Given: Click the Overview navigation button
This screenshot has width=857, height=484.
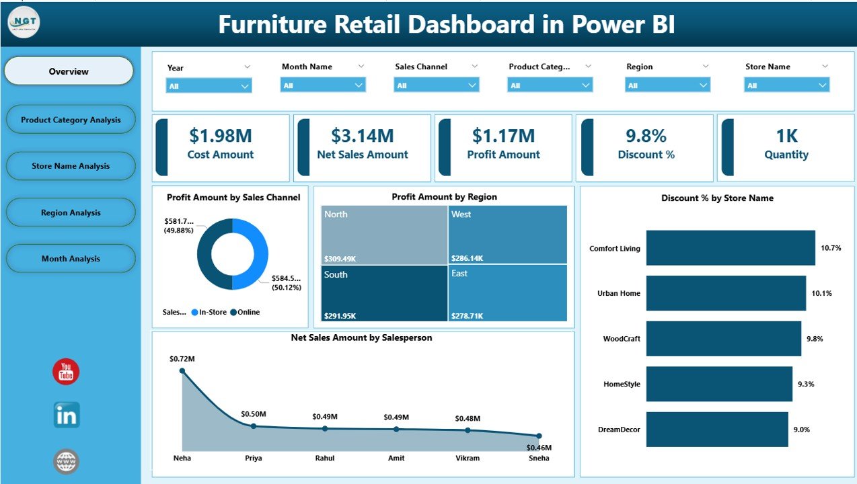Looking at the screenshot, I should [x=69, y=71].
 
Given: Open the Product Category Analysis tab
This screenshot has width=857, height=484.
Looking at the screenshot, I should [x=71, y=120].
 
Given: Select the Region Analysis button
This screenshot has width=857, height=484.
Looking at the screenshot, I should [x=71, y=212].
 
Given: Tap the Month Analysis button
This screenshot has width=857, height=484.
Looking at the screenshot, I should [x=71, y=259].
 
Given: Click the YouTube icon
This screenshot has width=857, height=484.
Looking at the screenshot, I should [x=66, y=372].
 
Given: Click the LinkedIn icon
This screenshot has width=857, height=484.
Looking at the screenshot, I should [x=67, y=415].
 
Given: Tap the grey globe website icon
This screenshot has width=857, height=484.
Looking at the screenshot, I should [x=67, y=462].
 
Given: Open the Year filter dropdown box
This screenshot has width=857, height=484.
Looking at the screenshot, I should [x=209, y=85].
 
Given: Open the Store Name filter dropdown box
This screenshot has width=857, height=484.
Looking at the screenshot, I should [x=786, y=85].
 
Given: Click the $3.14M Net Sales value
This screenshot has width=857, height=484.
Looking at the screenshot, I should [x=363, y=136].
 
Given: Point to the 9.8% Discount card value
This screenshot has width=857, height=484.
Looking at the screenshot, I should [x=646, y=136].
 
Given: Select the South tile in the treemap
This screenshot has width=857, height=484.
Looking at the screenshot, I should [x=384, y=292].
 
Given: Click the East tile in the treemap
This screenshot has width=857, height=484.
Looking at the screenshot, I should [x=508, y=292].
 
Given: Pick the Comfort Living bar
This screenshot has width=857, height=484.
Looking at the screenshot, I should [x=731, y=248].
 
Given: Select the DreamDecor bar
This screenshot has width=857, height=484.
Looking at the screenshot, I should [x=717, y=430].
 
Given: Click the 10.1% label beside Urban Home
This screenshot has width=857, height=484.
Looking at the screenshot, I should [x=821, y=294].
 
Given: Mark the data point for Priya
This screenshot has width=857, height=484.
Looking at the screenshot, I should [x=254, y=426].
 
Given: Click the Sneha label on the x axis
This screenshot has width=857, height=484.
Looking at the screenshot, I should [x=538, y=458].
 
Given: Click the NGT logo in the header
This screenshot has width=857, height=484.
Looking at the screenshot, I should [x=24, y=22].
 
